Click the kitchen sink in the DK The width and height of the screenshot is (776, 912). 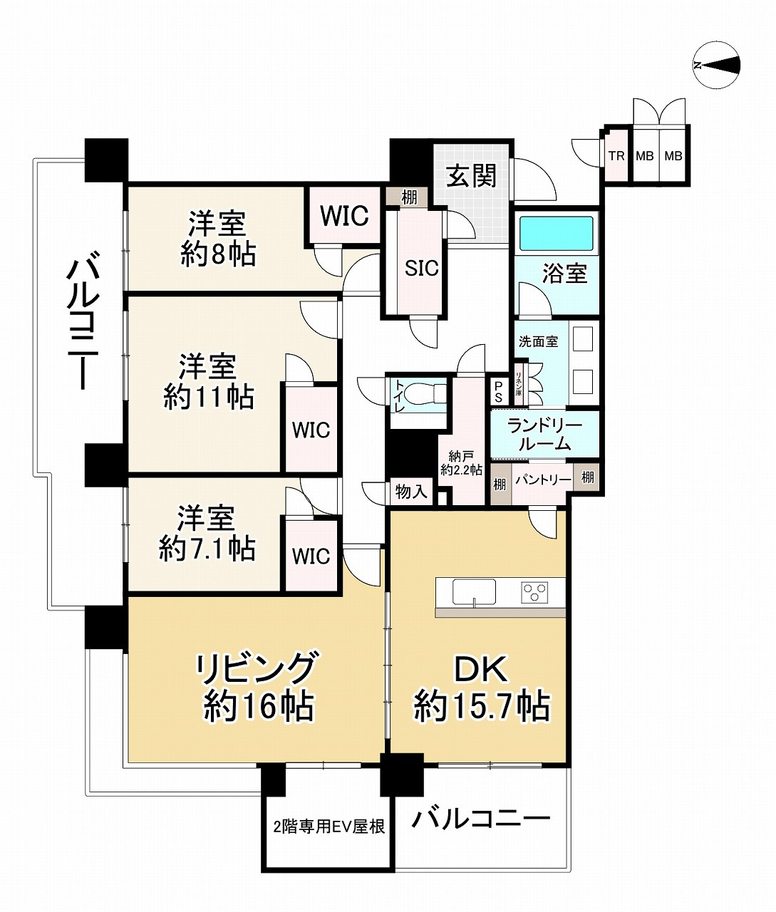coord(473,591)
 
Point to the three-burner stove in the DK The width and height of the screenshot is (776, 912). coord(534,591)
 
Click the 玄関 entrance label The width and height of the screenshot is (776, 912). coord(471,176)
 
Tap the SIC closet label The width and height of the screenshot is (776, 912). coord(421,267)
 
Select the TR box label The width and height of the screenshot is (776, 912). coord(616,156)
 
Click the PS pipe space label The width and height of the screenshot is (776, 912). coord(498,392)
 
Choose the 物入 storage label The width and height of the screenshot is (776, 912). coord(410,491)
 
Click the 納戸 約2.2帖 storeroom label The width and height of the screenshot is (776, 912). coord(461,463)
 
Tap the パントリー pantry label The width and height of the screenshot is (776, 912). coord(544,480)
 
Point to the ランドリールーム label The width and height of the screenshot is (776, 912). coord(544,434)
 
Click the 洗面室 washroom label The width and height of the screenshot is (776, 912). coord(538,341)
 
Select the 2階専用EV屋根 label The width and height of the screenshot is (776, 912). coord(328,826)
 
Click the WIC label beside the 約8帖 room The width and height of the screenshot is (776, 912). coord(344,216)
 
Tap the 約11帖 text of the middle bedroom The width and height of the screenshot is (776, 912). coord(208,397)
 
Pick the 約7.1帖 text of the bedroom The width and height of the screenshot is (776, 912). coord(207,548)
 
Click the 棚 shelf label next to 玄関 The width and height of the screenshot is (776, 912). coord(409,197)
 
